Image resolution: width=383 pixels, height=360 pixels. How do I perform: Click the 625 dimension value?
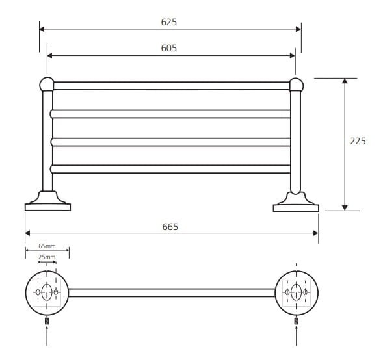tap(169, 22)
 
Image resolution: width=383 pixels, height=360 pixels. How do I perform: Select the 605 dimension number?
tap(169, 48)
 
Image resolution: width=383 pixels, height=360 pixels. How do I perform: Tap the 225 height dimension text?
tap(358, 141)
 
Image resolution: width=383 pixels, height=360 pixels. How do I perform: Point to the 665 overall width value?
tap(170, 227)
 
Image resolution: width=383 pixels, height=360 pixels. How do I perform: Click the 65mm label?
tap(47, 246)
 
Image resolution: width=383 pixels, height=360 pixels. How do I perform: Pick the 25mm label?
tap(47, 257)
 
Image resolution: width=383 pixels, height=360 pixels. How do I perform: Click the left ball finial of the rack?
tap(47, 84)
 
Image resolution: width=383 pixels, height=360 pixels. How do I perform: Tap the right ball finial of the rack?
tap(297, 84)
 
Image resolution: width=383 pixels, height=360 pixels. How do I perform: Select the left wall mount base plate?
tap(48, 207)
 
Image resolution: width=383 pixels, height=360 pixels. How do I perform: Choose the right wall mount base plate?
tap(296, 208)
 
